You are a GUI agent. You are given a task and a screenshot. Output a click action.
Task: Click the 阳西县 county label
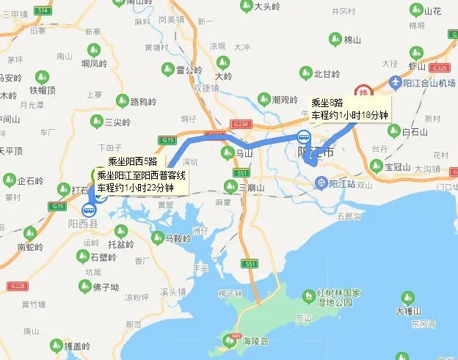[83, 224]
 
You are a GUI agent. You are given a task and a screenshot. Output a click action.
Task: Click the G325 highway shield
[440, 68]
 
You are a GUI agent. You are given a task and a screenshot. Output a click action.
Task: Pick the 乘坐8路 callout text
[327, 103]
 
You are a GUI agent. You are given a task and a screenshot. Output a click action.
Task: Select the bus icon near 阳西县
[89, 209]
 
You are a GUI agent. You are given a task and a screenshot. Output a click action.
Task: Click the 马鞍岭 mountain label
[178, 238]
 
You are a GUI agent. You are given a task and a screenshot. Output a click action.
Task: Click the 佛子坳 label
[105, 287]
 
